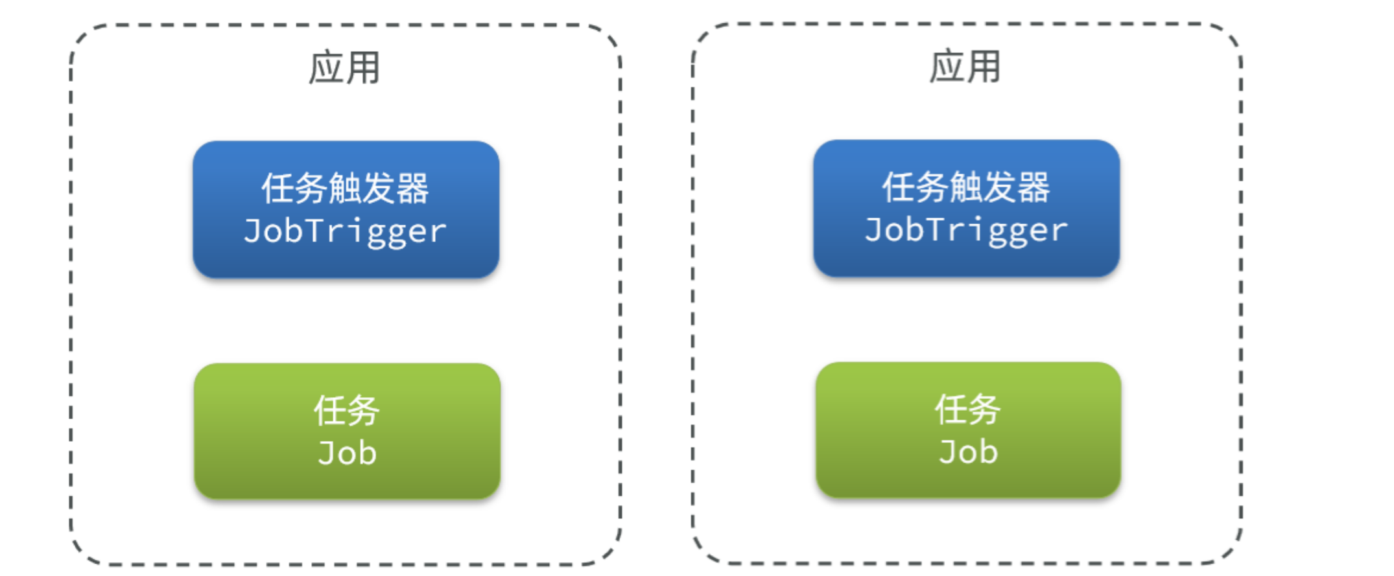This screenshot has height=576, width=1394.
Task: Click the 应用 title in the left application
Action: [344, 68]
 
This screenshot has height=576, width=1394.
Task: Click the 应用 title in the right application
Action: [965, 67]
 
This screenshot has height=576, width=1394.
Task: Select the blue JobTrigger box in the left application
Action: [346, 210]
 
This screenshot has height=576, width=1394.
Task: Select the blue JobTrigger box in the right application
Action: [967, 209]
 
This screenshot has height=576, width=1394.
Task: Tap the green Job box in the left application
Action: [348, 431]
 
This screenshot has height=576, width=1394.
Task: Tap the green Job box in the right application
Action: [969, 430]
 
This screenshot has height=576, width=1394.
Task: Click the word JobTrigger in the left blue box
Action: [346, 232]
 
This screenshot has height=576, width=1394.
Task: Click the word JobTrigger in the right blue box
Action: [967, 231]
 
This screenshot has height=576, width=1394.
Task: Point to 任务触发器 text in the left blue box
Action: [346, 189]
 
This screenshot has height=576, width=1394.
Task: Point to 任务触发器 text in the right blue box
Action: [967, 187]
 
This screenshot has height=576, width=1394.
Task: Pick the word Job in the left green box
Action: [348, 453]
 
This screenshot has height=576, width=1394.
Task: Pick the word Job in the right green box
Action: [969, 452]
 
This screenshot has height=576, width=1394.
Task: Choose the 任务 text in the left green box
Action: [347, 411]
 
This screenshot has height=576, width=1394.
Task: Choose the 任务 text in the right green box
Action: [968, 409]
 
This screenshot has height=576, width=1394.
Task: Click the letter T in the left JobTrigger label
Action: [315, 230]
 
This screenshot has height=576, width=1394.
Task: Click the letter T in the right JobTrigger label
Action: [936, 229]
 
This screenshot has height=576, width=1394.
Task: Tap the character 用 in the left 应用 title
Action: [363, 68]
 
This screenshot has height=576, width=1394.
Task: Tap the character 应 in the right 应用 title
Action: [947, 67]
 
